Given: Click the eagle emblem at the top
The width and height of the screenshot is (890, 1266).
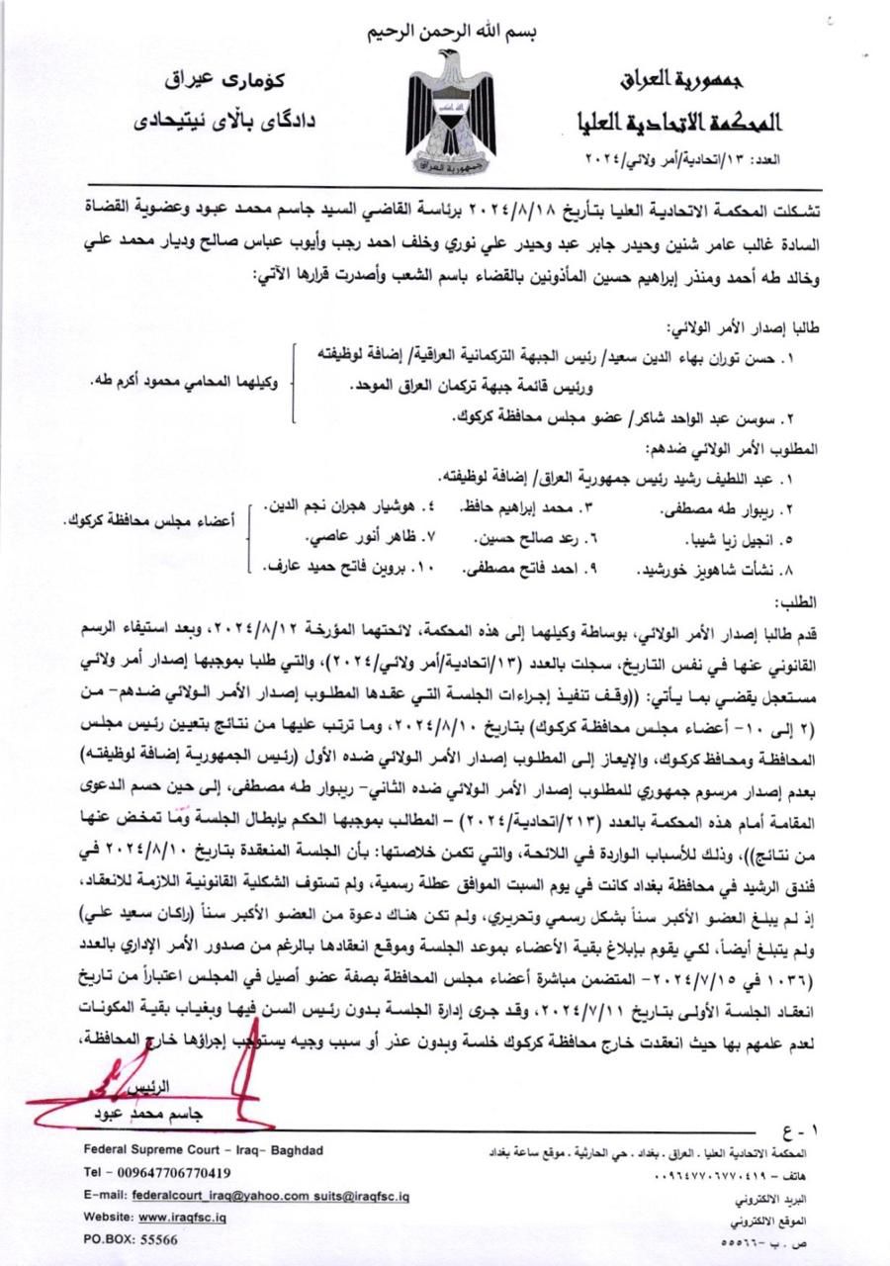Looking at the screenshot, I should click(x=451, y=114).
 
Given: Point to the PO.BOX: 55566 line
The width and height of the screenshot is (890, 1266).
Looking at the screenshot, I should click(x=132, y=1238).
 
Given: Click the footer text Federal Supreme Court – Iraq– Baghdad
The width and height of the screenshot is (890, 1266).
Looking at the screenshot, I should click(x=203, y=1150).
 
